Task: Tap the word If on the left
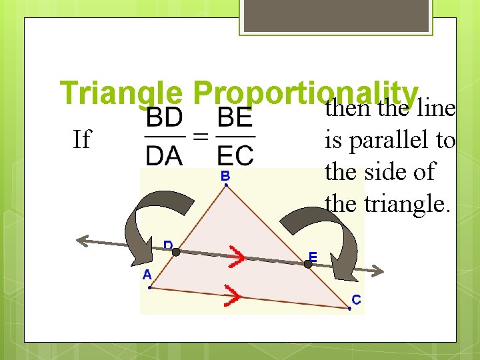(82, 139)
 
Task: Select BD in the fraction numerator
(164, 120)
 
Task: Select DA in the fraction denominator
(164, 155)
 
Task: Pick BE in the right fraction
(235, 120)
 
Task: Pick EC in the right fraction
(235, 155)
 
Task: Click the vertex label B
(225, 176)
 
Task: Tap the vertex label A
(147, 275)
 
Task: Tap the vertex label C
(356, 300)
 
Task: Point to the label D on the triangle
(169, 245)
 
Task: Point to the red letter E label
(313, 256)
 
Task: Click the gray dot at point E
(308, 264)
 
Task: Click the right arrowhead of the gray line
(378, 271)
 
